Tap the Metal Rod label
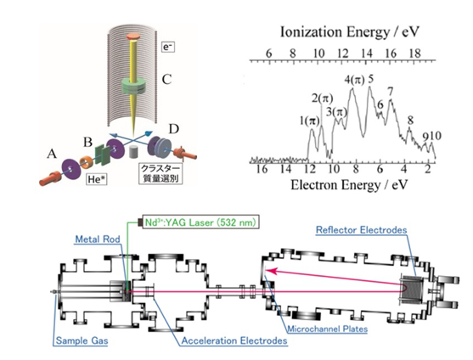98,239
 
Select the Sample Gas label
82,340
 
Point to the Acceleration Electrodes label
234,340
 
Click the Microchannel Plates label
327,329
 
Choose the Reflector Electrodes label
362,230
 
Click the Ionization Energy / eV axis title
350,31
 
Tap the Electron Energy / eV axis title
349,184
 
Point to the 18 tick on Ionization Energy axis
414,53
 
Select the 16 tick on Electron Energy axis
262,169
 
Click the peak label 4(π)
354,80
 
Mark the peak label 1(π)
309,121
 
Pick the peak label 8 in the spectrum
410,121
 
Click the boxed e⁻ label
168,47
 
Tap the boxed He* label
97,179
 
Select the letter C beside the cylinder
166,79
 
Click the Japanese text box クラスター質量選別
160,173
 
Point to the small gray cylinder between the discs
133,152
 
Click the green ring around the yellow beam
133,87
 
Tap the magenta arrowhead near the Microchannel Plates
270,270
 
